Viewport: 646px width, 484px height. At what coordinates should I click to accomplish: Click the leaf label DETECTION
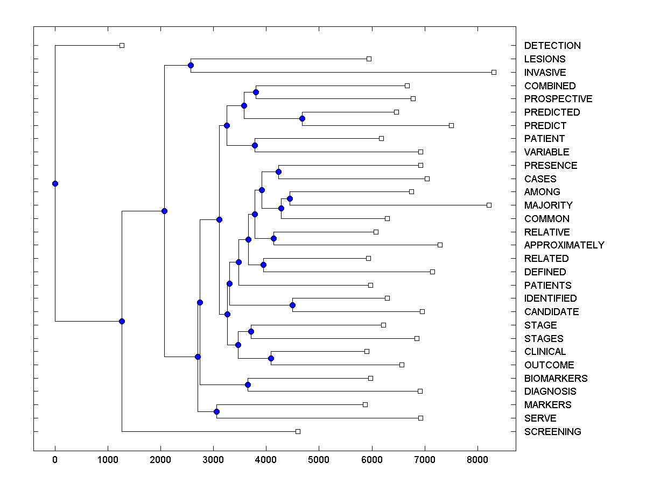(552, 46)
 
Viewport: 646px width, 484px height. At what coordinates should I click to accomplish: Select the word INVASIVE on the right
(545, 73)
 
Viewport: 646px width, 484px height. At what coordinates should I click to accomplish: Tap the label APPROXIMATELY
(564, 245)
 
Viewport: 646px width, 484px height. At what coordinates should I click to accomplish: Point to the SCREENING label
(552, 432)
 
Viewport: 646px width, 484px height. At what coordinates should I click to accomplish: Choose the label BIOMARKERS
(556, 379)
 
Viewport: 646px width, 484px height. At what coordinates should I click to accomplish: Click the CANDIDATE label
(551, 312)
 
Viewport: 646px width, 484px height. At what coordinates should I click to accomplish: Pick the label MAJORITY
(548, 205)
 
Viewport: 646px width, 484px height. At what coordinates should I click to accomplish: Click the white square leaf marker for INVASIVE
(494, 72)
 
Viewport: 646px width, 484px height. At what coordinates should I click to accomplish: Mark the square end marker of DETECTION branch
(122, 45)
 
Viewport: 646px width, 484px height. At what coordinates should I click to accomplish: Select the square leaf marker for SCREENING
(298, 431)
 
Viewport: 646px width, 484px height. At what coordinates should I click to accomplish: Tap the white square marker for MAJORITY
(489, 205)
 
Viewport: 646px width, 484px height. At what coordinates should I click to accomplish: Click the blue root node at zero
(55, 183)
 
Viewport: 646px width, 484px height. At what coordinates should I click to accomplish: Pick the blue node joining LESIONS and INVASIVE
(191, 66)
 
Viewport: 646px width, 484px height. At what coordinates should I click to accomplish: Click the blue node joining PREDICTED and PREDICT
(303, 118)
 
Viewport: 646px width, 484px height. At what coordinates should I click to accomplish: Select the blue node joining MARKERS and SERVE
(216, 411)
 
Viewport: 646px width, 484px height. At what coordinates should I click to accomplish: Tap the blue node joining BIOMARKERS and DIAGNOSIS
(248, 385)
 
